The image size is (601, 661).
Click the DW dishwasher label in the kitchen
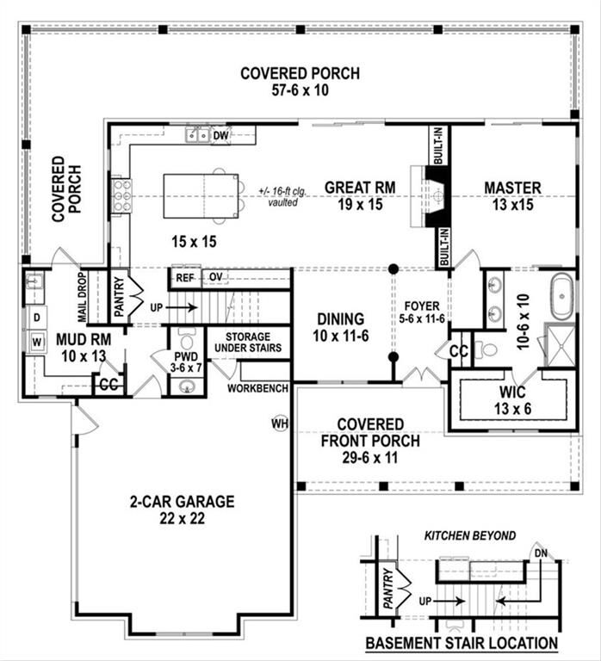220,135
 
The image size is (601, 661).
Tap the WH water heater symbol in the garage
279,423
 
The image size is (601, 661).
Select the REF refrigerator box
185,277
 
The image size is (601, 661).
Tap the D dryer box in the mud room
36,318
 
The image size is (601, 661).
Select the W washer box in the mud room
36,342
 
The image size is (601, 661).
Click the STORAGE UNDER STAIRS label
249,343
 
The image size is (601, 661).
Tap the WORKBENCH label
257,388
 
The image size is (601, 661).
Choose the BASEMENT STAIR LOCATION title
461,643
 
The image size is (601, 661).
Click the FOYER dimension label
421,312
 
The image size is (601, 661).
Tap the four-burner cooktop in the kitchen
121,195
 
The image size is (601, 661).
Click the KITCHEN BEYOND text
470,535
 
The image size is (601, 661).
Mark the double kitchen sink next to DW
198,135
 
